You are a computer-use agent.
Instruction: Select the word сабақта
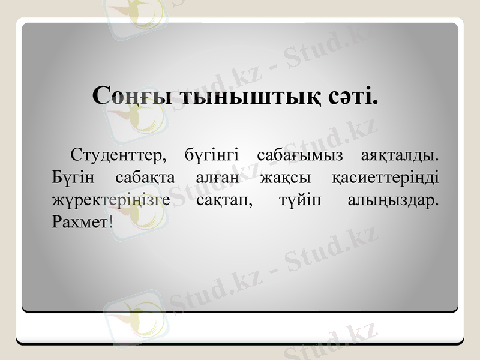point(144,178)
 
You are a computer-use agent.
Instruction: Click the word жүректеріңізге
point(111,200)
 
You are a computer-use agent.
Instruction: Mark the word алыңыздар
point(392,200)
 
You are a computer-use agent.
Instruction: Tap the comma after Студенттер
point(164,161)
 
